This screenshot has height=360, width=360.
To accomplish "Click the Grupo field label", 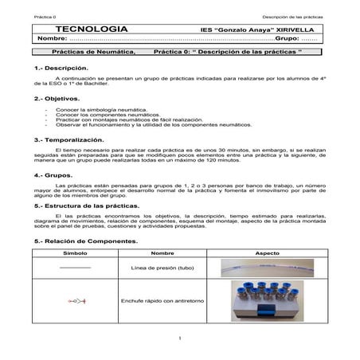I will pyautogui.click(x=287, y=39).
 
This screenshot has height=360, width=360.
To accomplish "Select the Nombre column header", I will pyautogui.click(x=162, y=252).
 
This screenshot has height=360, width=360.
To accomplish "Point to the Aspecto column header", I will pyautogui.click(x=267, y=252).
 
